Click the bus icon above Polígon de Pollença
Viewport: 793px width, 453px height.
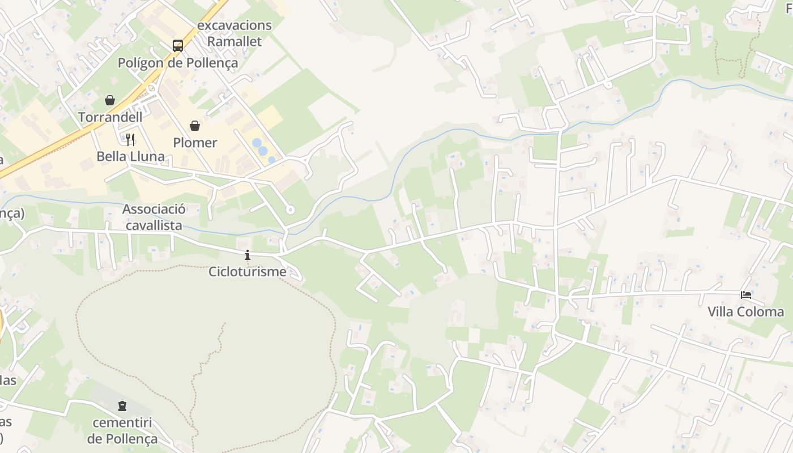(x=178, y=46)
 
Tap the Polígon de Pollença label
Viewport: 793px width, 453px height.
(x=178, y=63)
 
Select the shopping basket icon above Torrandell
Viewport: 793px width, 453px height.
(x=110, y=100)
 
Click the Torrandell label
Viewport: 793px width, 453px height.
(x=110, y=117)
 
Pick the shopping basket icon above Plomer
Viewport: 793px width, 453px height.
(x=195, y=125)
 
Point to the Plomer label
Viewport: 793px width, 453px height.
(x=195, y=143)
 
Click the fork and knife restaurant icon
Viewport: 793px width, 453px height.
(x=130, y=139)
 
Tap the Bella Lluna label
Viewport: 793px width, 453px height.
(x=130, y=157)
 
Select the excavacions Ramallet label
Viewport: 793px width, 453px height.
(x=235, y=33)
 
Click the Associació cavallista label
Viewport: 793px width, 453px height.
(x=154, y=217)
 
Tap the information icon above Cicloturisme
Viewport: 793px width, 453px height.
(x=247, y=255)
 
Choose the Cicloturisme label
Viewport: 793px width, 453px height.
(x=247, y=272)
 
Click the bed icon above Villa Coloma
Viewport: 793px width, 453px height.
(x=745, y=295)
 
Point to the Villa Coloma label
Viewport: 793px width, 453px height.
(x=745, y=312)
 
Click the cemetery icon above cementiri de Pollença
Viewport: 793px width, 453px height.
(x=122, y=406)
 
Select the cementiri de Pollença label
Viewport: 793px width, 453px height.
(x=122, y=431)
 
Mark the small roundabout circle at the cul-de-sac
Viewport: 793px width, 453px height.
(x=290, y=210)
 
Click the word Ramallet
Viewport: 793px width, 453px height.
(x=235, y=41)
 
